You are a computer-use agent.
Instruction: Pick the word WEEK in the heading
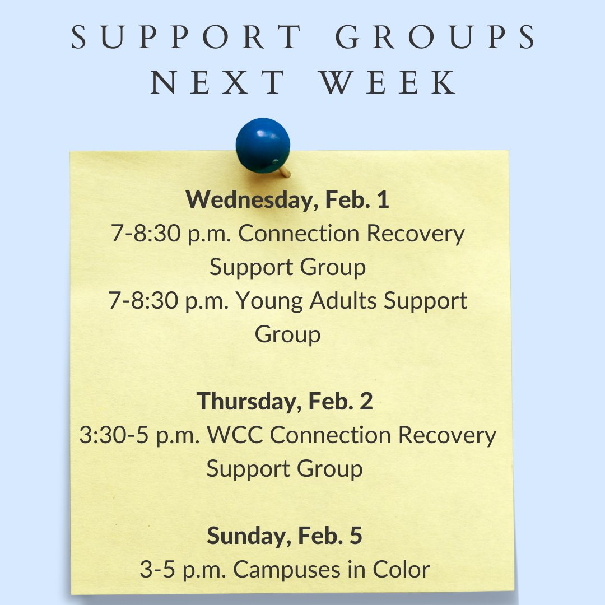389,82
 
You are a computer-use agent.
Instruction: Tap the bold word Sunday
249,536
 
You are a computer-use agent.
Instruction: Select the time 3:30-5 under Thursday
111,435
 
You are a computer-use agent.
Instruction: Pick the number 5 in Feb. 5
355,536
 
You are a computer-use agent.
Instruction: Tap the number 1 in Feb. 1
383,200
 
